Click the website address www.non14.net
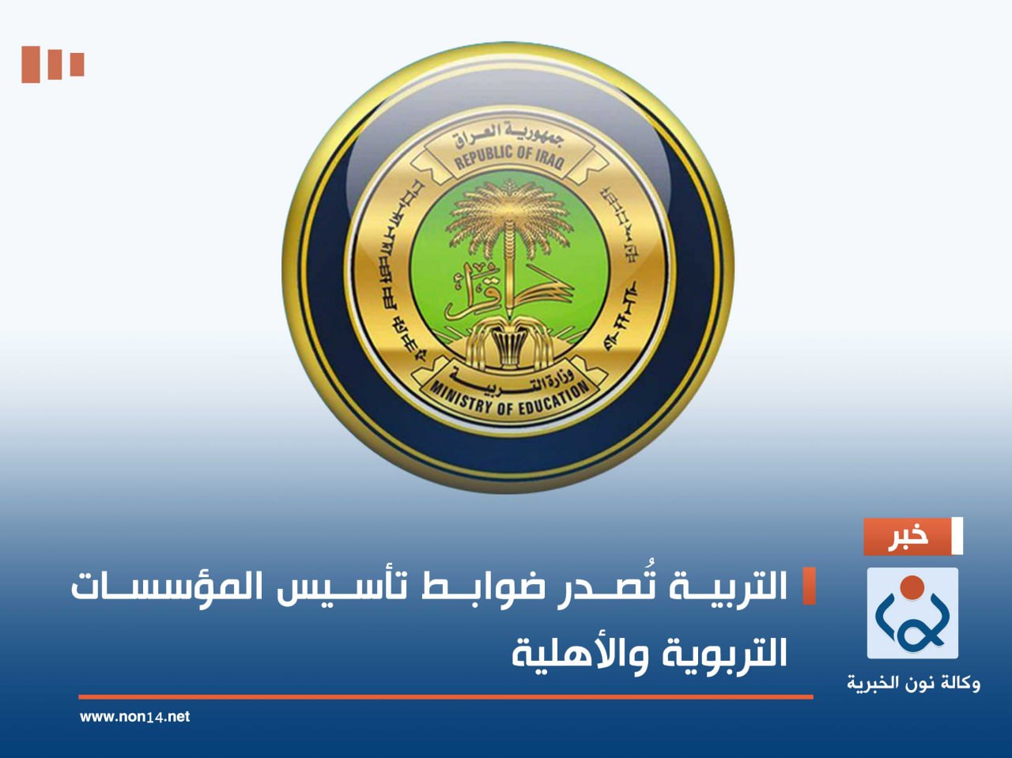pyautogui.click(x=134, y=717)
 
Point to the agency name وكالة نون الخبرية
pyautogui.click(x=913, y=682)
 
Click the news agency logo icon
pyautogui.click(x=912, y=613)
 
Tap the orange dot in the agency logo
pyautogui.click(x=912, y=587)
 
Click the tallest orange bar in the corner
pyautogui.click(x=30, y=64)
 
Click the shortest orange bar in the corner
pyautogui.click(x=77, y=63)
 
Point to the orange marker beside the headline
pyautogui.click(x=809, y=586)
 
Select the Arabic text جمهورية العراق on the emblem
pyautogui.click(x=508, y=132)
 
